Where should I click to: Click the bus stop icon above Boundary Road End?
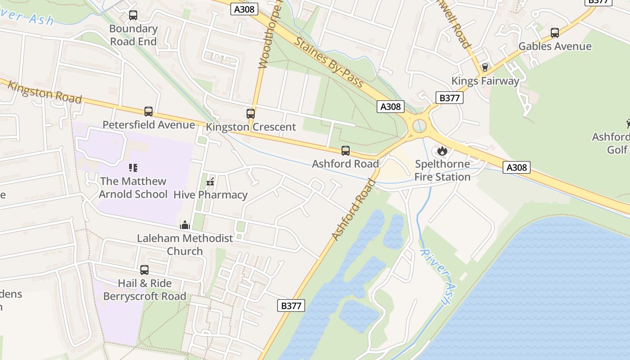click(133, 15)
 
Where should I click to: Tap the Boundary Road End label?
click(133, 35)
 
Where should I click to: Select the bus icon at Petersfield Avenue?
click(148, 111)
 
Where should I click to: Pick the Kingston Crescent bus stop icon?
click(251, 114)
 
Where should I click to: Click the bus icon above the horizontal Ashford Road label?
click(345, 151)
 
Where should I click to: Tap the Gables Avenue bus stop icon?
click(555, 33)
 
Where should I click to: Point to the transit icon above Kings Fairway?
click(485, 68)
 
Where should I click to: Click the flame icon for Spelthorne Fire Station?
click(442, 151)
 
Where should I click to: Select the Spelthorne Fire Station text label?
click(442, 171)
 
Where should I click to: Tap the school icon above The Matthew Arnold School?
click(133, 168)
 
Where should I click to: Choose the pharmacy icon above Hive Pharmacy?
click(210, 182)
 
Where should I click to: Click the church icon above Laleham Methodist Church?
click(185, 225)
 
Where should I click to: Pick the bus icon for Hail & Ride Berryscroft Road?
click(144, 270)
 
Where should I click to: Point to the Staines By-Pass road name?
click(329, 62)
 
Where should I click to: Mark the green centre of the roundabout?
click(419, 125)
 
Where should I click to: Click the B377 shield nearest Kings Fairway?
click(449, 97)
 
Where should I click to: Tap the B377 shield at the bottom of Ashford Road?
click(291, 306)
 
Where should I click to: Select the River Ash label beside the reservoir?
click(436, 276)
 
